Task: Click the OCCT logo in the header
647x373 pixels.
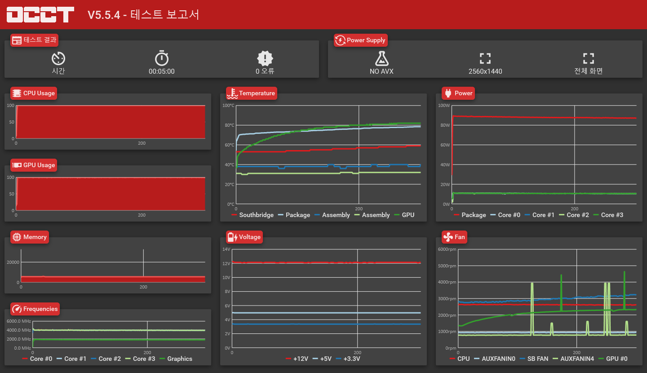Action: [40, 14]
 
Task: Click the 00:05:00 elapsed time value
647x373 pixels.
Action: [162, 71]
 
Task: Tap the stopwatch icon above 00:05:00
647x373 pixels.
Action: [162, 58]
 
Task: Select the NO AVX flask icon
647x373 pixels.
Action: [381, 58]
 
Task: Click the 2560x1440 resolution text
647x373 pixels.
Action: [485, 71]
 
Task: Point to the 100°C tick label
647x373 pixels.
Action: [229, 105]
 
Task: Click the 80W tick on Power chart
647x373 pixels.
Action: [444, 125]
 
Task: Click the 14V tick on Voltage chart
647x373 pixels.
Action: [226, 249]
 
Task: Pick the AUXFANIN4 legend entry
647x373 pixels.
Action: [576, 359]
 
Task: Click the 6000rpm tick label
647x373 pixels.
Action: [447, 249]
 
